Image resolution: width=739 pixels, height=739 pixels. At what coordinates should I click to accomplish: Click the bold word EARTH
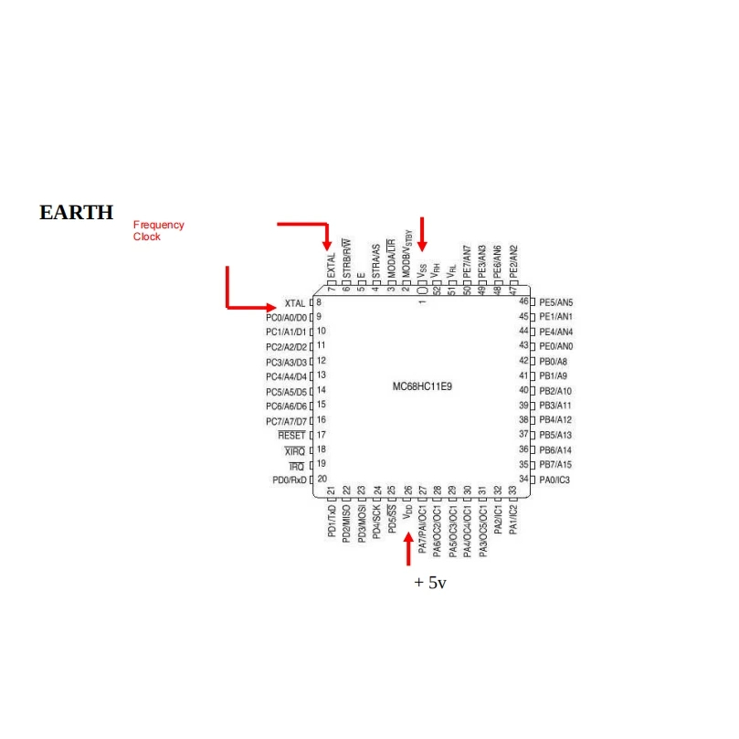pos(76,213)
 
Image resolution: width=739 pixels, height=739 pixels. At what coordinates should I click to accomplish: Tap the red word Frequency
pos(158,225)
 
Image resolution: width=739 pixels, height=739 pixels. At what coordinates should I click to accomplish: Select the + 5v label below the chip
pos(429,582)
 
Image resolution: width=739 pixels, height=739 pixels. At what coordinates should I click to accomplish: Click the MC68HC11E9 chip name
pos(422,386)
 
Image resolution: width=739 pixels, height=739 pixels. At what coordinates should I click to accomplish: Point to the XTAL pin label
pos(294,302)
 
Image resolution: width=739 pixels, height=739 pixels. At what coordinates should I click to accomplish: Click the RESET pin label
pos(291,436)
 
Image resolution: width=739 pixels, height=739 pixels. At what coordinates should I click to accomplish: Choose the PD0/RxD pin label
pos(289,480)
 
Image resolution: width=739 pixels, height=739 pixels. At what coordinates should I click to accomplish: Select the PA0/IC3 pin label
pos(554,480)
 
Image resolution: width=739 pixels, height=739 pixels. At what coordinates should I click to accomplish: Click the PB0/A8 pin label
pos(553,362)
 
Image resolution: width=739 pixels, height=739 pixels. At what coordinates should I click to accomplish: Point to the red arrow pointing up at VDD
pos(408,547)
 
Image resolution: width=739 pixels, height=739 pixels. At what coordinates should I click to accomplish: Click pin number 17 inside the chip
pos(322,435)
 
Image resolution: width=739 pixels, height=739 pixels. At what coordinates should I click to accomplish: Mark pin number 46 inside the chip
pos(523,301)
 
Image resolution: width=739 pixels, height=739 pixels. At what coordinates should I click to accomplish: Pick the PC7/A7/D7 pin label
pos(286,421)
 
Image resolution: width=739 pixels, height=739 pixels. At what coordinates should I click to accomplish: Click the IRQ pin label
pos(296,466)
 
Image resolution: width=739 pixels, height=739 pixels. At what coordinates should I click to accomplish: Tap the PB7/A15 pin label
pos(554,465)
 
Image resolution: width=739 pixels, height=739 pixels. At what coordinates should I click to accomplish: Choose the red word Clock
pos(147,237)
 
